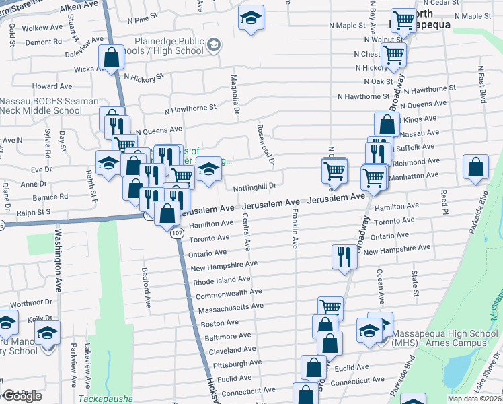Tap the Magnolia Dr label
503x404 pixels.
click(235, 95)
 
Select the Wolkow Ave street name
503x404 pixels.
click(41, 29)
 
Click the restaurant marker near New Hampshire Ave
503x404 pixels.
click(342, 257)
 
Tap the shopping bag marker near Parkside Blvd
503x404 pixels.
click(475, 168)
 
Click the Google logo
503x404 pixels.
click(22, 396)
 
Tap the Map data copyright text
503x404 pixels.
click(477, 399)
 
